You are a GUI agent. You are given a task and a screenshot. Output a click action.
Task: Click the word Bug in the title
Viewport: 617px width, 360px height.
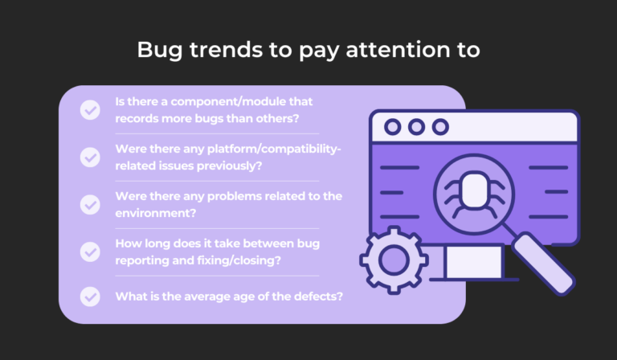click(x=157, y=50)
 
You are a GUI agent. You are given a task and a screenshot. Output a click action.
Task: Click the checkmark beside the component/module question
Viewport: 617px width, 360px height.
click(x=90, y=110)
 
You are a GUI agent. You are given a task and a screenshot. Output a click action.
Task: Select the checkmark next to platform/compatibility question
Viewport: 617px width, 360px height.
click(x=90, y=157)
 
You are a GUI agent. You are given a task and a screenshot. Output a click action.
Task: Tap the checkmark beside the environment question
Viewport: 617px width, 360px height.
click(x=90, y=204)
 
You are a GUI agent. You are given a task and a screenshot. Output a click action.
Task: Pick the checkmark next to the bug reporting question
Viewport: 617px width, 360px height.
click(x=90, y=252)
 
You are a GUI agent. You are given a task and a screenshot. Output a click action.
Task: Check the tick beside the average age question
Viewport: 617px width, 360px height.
click(x=90, y=296)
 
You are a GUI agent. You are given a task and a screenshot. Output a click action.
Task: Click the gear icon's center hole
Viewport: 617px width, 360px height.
click(x=393, y=259)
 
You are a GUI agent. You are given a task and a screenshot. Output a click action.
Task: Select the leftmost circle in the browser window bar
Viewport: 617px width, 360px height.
click(x=393, y=127)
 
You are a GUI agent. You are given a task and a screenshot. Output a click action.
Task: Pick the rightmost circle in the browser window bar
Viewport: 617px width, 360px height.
click(x=440, y=127)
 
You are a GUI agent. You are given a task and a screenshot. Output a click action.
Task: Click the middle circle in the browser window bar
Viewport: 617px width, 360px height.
click(x=416, y=127)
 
